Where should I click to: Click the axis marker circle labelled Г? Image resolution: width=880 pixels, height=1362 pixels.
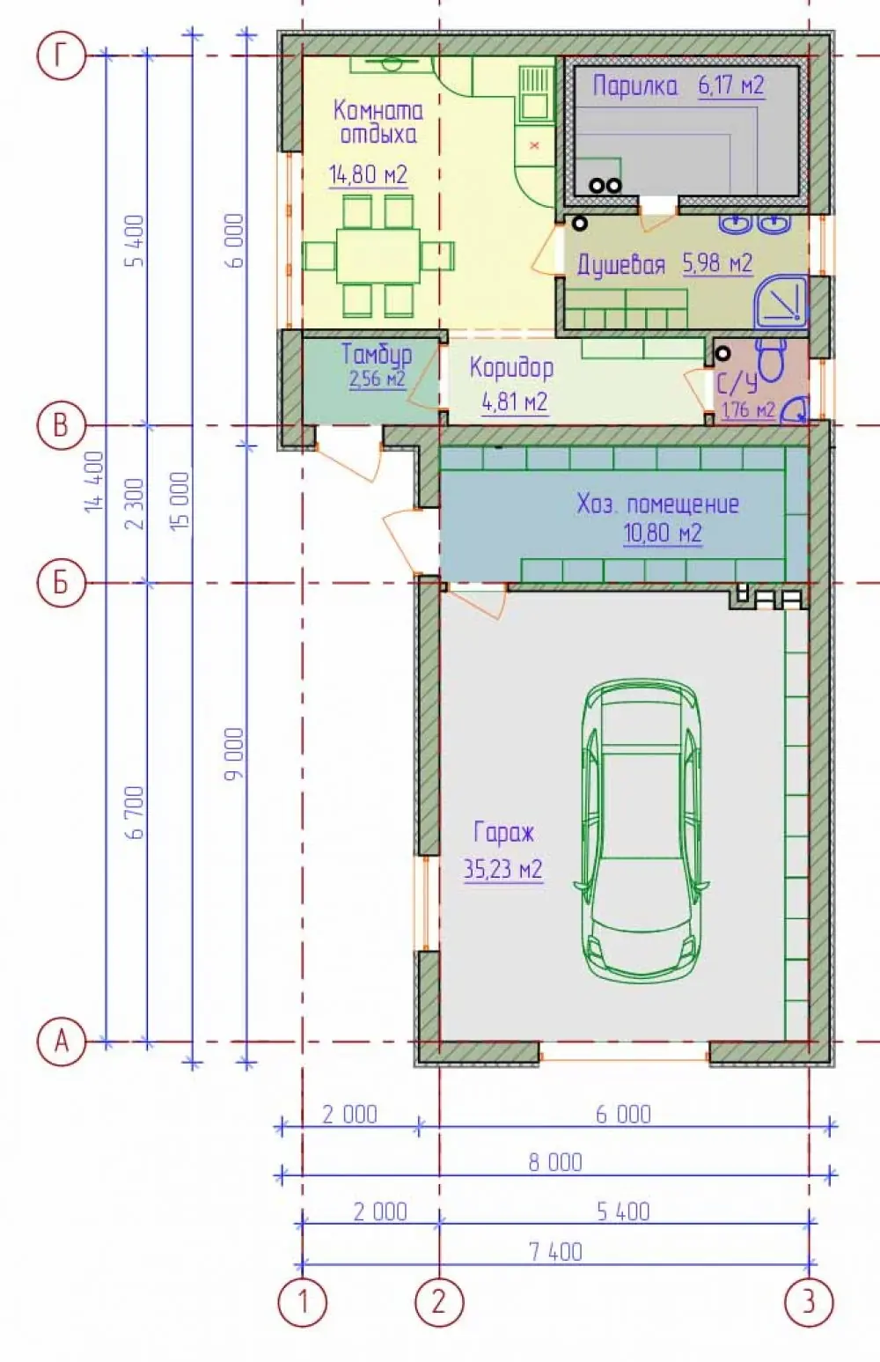[x=61, y=56]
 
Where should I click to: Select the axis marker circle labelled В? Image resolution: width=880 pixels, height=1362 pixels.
[x=61, y=425]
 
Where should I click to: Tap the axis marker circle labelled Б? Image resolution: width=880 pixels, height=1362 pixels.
[x=61, y=583]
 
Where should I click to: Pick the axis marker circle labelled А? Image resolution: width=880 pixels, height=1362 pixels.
[x=61, y=1042]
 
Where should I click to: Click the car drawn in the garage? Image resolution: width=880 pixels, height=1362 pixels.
[x=641, y=830]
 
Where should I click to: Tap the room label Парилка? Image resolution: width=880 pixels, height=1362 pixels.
[x=635, y=85]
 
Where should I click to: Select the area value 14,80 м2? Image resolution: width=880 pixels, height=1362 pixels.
[x=368, y=175]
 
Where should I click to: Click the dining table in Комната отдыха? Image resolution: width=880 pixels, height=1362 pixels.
[x=378, y=255]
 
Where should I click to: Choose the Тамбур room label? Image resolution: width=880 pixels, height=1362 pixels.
[x=376, y=355]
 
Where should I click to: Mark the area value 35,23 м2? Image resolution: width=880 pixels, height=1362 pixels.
[x=502, y=870]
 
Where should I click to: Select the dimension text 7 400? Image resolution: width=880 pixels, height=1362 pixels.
[x=555, y=1253]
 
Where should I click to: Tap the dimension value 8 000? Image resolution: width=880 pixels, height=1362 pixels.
[x=555, y=1162]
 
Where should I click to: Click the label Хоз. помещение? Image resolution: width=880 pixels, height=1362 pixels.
[x=657, y=504]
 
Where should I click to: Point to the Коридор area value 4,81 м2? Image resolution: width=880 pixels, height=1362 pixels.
[x=514, y=402]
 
